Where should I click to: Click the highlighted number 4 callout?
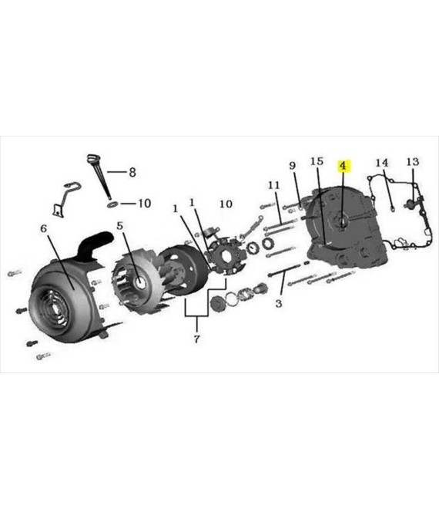[x=343, y=166]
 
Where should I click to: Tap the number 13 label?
[x=413, y=162]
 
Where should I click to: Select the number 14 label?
[x=381, y=163]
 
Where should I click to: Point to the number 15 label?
[x=317, y=161]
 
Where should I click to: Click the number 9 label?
[x=293, y=166]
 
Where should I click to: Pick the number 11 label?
[x=273, y=185]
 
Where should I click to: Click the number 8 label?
[x=132, y=172]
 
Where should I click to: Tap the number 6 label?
[x=44, y=228]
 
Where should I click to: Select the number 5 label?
[x=120, y=225]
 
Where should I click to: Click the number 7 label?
[x=197, y=339]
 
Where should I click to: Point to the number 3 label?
[x=279, y=304]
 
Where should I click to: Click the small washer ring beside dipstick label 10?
[x=112, y=204]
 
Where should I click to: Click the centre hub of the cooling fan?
[x=141, y=282]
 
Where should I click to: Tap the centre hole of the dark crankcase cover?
[x=343, y=223]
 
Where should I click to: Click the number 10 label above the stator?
[x=226, y=204]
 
